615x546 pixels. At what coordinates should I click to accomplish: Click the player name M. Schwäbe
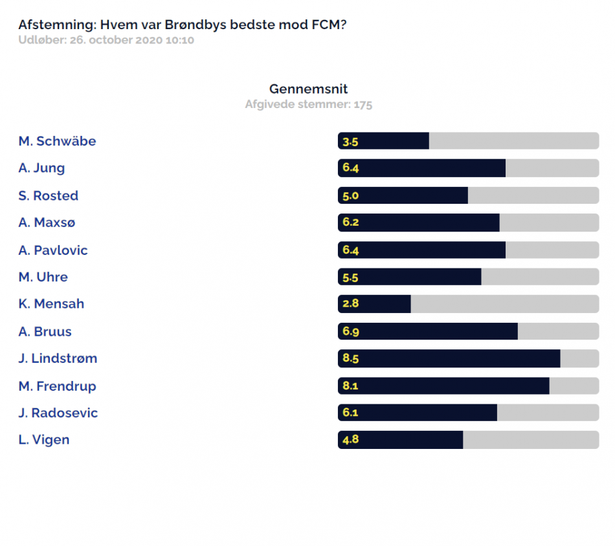click(57, 141)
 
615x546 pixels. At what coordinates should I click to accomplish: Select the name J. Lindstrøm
click(58, 358)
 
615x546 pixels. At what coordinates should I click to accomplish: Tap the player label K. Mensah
click(51, 304)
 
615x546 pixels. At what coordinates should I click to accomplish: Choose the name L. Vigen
click(44, 440)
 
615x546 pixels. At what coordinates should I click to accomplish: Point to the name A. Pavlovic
click(53, 250)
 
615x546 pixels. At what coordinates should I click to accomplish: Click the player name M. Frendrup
click(57, 386)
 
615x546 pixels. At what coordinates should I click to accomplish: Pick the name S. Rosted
click(49, 195)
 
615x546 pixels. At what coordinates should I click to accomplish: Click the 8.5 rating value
click(351, 358)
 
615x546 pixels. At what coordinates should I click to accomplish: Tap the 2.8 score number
click(351, 303)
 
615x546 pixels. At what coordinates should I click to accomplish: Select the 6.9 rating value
click(351, 331)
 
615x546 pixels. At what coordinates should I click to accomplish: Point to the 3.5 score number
click(350, 142)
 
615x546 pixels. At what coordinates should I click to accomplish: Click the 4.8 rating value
click(351, 439)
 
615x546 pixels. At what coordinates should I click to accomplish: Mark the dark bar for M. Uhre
click(410, 277)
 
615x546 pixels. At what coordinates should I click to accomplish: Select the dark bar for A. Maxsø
click(418, 223)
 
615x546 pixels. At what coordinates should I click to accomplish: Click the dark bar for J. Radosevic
click(418, 412)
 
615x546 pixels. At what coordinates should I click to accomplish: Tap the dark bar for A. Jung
click(421, 168)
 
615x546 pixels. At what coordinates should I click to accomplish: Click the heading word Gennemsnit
click(308, 89)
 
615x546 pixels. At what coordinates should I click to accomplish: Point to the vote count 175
click(363, 105)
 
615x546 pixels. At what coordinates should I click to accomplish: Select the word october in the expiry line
click(111, 40)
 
